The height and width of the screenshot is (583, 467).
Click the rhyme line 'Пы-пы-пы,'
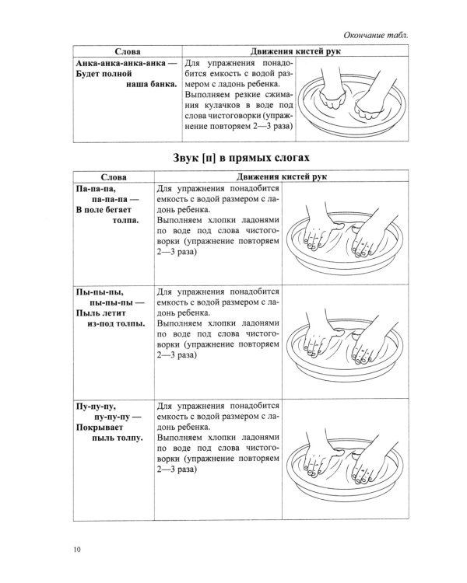97,302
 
